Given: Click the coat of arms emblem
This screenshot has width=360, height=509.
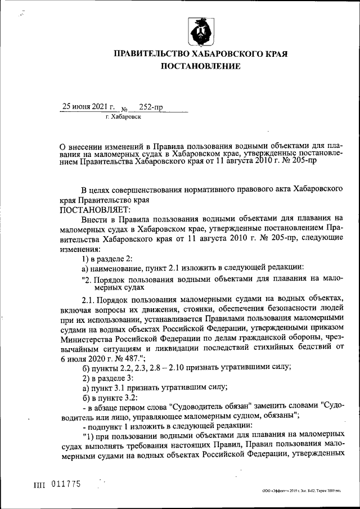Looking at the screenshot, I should click(x=201, y=31).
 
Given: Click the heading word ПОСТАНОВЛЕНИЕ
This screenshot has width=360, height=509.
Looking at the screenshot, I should click(x=201, y=66).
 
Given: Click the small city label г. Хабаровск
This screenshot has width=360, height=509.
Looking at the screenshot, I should click(x=123, y=117).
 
